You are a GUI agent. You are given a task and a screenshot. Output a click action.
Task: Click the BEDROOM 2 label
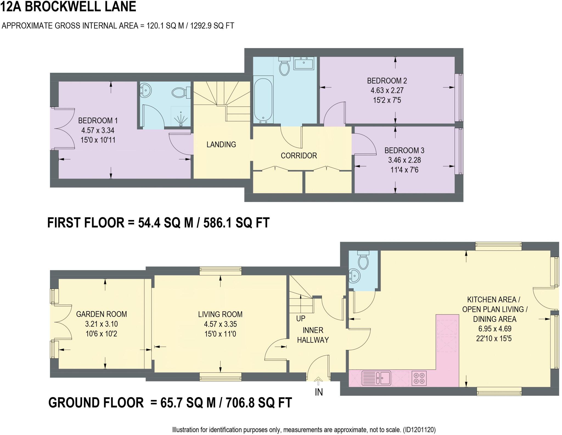pyautogui.click(x=387, y=81)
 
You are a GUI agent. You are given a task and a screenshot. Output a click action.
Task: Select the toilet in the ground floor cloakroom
pyautogui.click(x=363, y=261)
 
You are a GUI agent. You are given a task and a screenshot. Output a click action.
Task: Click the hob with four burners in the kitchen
pyautogui.click(x=419, y=378)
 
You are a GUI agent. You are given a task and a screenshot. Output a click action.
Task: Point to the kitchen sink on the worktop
pyautogui.click(x=376, y=378)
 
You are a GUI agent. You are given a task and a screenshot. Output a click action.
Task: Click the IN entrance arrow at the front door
pyautogui.click(x=318, y=381)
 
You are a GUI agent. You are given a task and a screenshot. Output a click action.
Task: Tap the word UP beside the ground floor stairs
pyautogui.click(x=301, y=319)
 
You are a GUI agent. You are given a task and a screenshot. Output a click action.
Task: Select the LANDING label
pyautogui.click(x=221, y=144)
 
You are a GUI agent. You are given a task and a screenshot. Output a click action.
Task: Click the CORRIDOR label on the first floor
pyautogui.click(x=299, y=156)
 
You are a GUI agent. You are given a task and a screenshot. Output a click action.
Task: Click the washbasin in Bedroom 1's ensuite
pyautogui.click(x=145, y=90)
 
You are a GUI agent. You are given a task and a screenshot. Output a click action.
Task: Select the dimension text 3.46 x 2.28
pyautogui.click(x=404, y=160)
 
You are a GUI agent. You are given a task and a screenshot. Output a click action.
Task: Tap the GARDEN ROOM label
pyautogui.click(x=101, y=314)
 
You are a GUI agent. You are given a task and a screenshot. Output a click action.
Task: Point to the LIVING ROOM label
pyautogui.click(x=220, y=314)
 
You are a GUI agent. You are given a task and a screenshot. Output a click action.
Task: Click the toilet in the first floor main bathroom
pyautogui.click(x=284, y=66)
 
